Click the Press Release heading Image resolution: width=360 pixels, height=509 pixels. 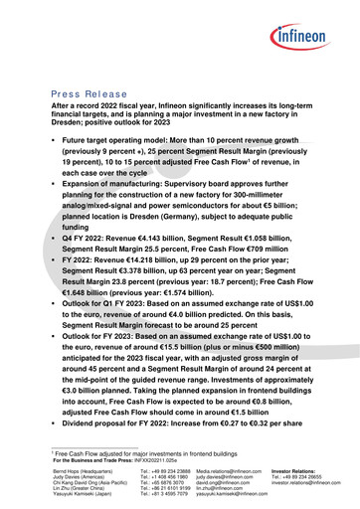[92, 92]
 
